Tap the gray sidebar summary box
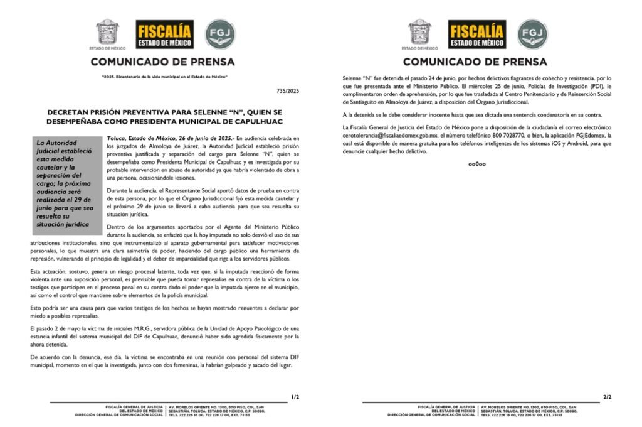click(66, 183)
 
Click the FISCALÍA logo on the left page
click(165, 34)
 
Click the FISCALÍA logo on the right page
click(477, 34)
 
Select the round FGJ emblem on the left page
click(221, 34)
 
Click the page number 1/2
click(295, 397)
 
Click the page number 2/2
click(607, 397)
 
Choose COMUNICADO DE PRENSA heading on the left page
click(163, 62)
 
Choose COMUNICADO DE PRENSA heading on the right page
click(475, 62)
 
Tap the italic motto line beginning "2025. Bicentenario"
click(164, 77)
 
